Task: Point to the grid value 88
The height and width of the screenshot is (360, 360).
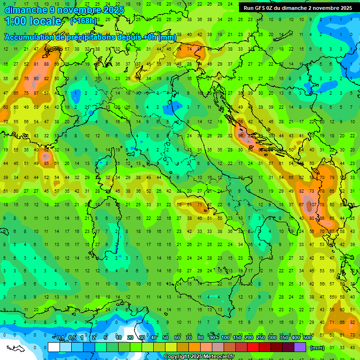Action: (x=46, y=64)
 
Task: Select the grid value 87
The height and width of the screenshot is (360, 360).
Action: (x=36, y=93)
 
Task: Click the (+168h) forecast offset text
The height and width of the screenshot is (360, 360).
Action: (x=83, y=21)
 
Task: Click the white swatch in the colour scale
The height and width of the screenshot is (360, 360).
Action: (x=54, y=347)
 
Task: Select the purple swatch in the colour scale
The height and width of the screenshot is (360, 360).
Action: (x=300, y=347)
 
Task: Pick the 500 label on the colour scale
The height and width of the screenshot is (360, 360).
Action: (x=307, y=337)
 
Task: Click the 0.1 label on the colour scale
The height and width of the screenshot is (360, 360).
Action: (x=60, y=337)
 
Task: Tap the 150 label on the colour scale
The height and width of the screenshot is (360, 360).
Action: (x=237, y=337)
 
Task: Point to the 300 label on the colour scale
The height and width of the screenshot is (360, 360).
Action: (x=272, y=337)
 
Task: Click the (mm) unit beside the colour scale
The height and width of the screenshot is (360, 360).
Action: (x=317, y=348)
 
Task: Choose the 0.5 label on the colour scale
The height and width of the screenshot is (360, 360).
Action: (x=72, y=337)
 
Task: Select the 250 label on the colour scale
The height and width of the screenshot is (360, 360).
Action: (x=261, y=337)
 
